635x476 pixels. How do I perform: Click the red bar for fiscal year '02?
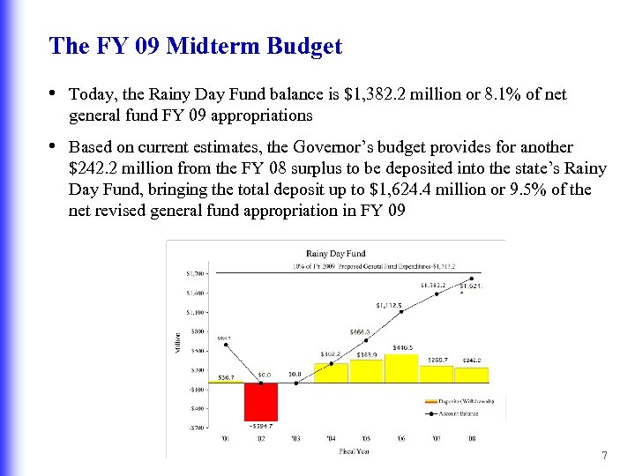261,401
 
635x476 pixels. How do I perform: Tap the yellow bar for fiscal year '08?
471,375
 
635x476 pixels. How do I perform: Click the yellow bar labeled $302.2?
331,373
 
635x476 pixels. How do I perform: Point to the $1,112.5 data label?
389,305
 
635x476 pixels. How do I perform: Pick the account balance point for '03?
296,383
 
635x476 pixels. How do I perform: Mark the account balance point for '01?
227,345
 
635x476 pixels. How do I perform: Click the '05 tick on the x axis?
366,437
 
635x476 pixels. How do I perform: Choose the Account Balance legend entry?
461,412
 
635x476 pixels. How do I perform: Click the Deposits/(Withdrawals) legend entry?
461,401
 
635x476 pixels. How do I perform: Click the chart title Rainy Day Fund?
335,254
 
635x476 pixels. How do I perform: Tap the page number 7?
604,456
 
